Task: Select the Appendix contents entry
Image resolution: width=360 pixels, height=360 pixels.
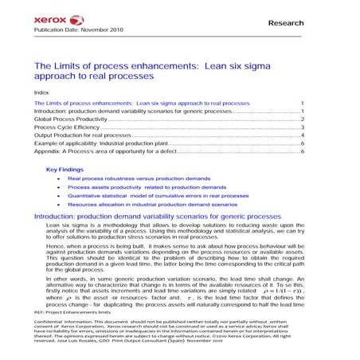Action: click(103, 151)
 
